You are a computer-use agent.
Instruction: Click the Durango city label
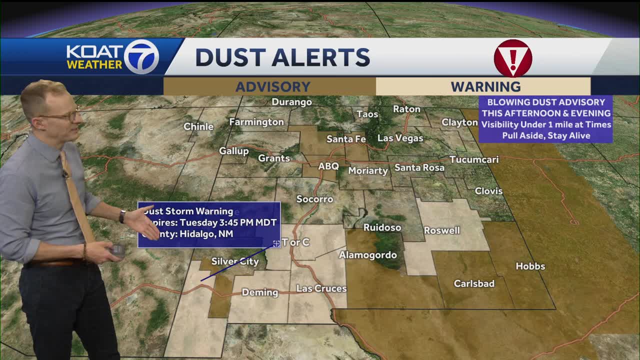click(x=291, y=102)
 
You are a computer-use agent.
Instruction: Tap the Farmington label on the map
click(x=256, y=122)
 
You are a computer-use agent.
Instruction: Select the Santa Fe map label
click(x=346, y=139)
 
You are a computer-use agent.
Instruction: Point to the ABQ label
click(x=328, y=166)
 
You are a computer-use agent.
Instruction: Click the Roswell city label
click(x=441, y=230)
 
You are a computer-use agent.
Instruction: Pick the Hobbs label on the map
click(x=530, y=266)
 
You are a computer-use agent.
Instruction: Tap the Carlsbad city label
click(x=474, y=283)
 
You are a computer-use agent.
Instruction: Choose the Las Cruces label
click(x=321, y=288)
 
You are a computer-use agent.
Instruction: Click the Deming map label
click(x=259, y=292)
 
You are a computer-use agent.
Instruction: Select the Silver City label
click(x=235, y=261)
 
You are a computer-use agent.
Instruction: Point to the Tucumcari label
click(x=473, y=160)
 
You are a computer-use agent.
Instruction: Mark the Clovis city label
click(x=488, y=191)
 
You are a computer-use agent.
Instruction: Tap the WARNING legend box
click(x=483, y=86)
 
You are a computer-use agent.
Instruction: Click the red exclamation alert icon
click(x=512, y=57)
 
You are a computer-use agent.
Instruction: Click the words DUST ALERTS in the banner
click(x=282, y=58)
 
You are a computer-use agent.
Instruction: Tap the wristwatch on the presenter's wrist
click(x=122, y=216)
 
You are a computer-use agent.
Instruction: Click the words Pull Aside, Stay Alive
click(x=546, y=135)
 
